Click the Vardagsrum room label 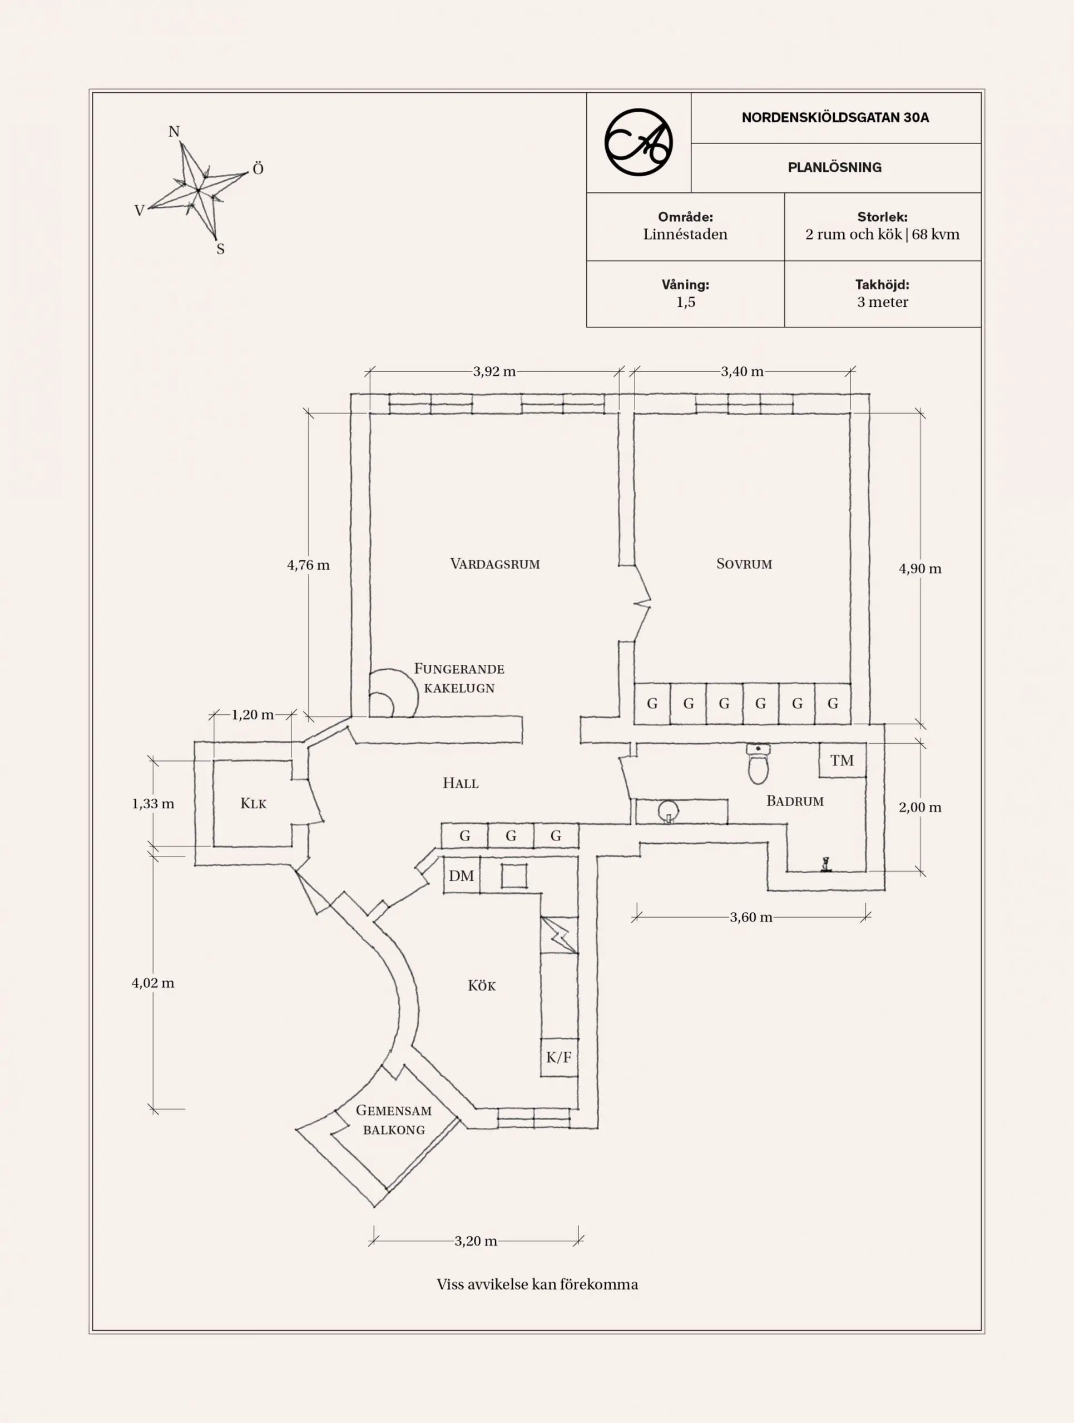[x=494, y=564]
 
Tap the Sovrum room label [x=744, y=564]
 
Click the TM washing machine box [x=842, y=760]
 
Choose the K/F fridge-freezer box [x=558, y=1057]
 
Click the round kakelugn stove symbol [x=391, y=694]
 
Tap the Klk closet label [x=253, y=803]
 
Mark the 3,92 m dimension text [x=494, y=371]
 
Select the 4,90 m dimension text [x=919, y=569]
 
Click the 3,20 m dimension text [x=476, y=1241]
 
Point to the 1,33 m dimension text [x=152, y=803]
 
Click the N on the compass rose [x=174, y=132]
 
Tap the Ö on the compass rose [x=258, y=168]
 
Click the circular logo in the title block [x=639, y=142]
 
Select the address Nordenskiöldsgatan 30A [x=835, y=118]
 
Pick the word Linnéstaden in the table [x=685, y=234]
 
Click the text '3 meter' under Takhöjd [x=882, y=302]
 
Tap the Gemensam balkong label [x=394, y=1120]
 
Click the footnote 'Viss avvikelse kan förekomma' [x=537, y=1285]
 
